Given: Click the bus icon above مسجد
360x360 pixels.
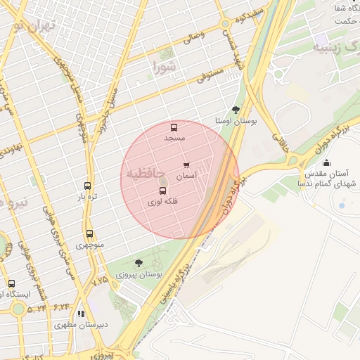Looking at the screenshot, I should (174, 127).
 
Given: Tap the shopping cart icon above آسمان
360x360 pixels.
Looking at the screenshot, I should (186, 165).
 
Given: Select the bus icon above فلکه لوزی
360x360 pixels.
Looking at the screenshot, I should (162, 191).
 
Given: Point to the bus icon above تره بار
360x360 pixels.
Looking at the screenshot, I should (87, 186).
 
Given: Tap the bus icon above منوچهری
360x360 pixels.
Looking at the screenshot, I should (89, 233).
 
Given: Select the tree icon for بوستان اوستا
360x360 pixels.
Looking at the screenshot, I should (235, 110).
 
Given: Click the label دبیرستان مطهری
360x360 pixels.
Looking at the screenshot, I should (82, 326).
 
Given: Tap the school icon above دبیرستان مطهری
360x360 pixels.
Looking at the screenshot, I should (82, 314).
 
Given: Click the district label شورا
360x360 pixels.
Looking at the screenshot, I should (167, 67).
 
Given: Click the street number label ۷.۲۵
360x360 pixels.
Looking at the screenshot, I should (100, 280).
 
